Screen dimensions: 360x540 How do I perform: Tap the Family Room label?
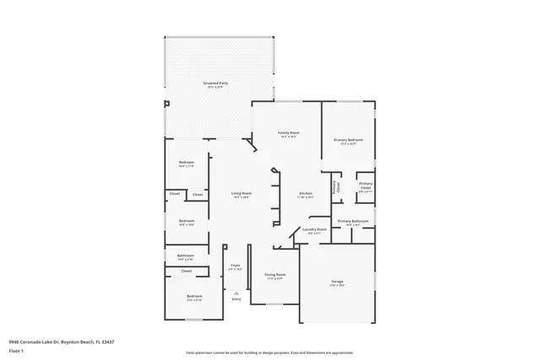click(289, 132)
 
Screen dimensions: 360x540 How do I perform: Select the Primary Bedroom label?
click(348, 139)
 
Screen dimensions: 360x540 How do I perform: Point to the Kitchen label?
click(305, 193)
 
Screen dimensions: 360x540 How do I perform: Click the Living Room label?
click(241, 193)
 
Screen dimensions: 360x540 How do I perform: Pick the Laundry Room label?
click(315, 229)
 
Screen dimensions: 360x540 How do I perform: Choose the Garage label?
click(337, 282)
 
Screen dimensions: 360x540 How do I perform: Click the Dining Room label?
click(275, 274)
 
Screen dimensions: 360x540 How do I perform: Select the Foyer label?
click(235, 266)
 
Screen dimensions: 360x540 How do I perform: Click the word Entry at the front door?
click(236, 299)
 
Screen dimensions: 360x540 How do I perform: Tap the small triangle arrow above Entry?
click(236, 293)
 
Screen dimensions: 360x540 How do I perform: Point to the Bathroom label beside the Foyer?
click(186, 255)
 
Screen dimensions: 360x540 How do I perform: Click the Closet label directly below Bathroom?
click(186, 271)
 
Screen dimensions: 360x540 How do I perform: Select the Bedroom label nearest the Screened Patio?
click(186, 162)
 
